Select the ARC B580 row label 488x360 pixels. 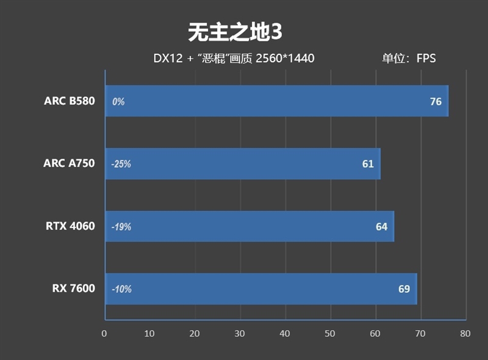point(70,101)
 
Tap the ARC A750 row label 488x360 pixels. point(69,164)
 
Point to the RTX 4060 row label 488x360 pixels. point(70,226)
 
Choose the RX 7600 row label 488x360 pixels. point(73,289)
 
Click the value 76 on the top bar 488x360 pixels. point(436,102)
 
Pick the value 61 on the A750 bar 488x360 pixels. point(368,164)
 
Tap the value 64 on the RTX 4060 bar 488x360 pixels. point(381,227)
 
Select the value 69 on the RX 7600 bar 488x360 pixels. point(404,289)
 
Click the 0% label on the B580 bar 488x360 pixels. point(118,102)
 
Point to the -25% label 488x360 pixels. point(121,164)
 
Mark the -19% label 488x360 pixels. point(121,227)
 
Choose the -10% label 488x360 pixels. point(121,289)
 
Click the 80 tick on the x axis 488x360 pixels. point(465,334)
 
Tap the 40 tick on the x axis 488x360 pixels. point(285,334)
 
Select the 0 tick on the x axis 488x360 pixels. point(104,334)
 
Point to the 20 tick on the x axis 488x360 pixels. point(195,334)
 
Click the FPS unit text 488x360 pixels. point(426,59)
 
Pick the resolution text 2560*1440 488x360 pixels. point(285,59)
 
